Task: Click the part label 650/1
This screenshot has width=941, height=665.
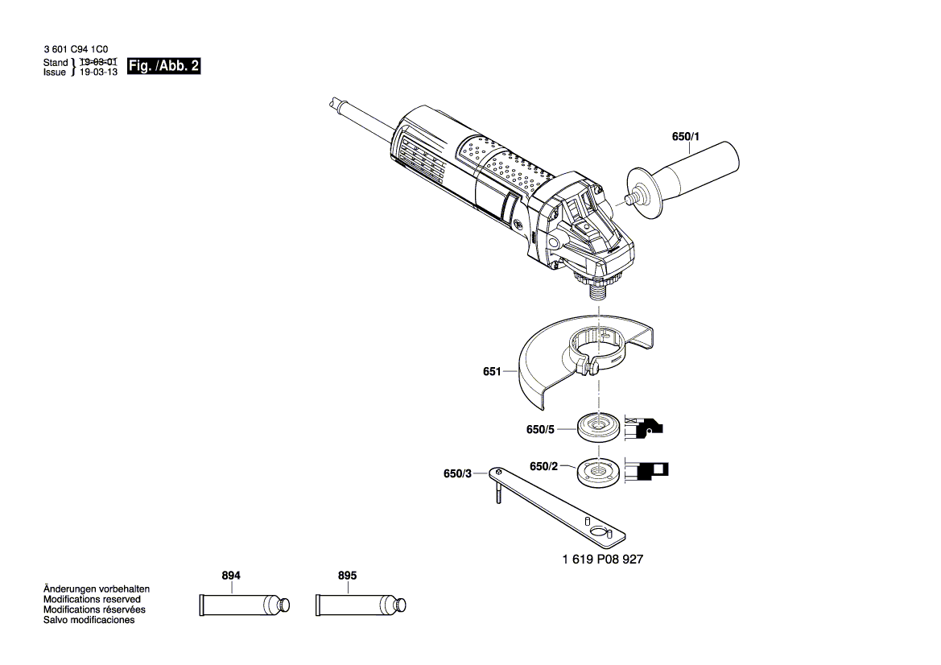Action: point(685,137)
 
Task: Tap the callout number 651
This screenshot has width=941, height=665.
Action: point(492,372)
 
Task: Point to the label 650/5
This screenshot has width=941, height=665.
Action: point(541,430)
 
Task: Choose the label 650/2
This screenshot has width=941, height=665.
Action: point(544,466)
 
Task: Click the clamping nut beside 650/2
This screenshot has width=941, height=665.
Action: point(599,470)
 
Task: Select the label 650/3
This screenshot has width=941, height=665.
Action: point(457,474)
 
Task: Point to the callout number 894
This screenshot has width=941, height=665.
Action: point(231,576)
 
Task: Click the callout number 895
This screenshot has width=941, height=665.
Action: point(347,576)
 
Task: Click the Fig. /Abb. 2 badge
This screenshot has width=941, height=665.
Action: point(164,67)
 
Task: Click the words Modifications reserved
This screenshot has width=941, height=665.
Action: point(92,600)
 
